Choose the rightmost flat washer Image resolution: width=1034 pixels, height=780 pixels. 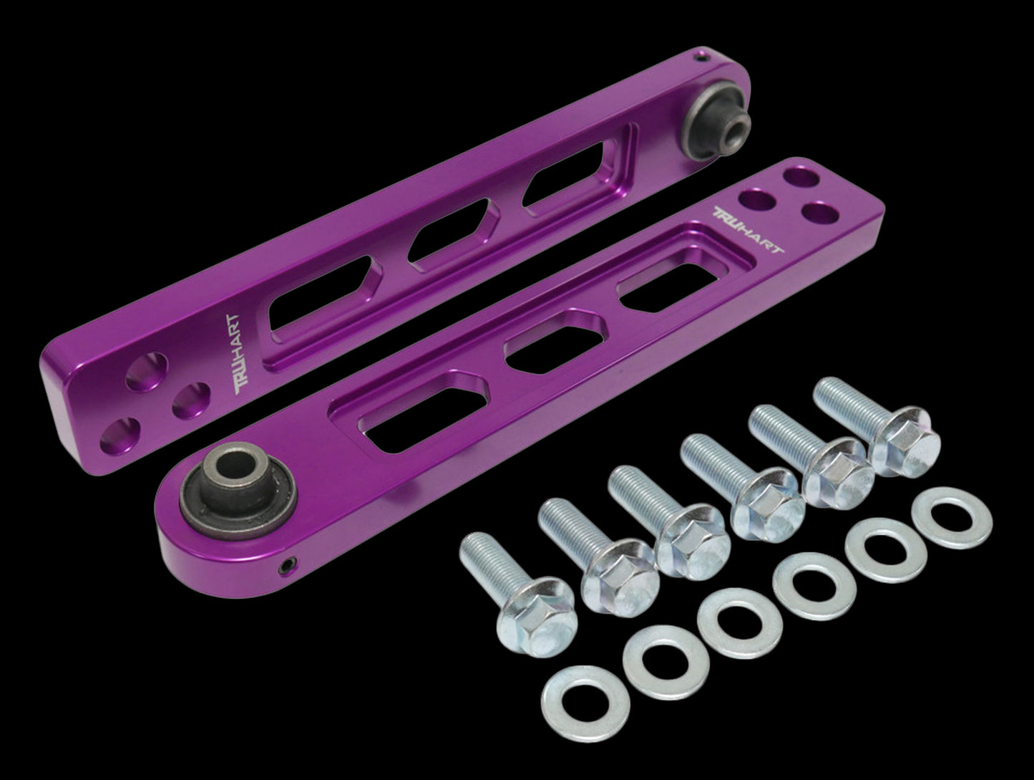point(952,518)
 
